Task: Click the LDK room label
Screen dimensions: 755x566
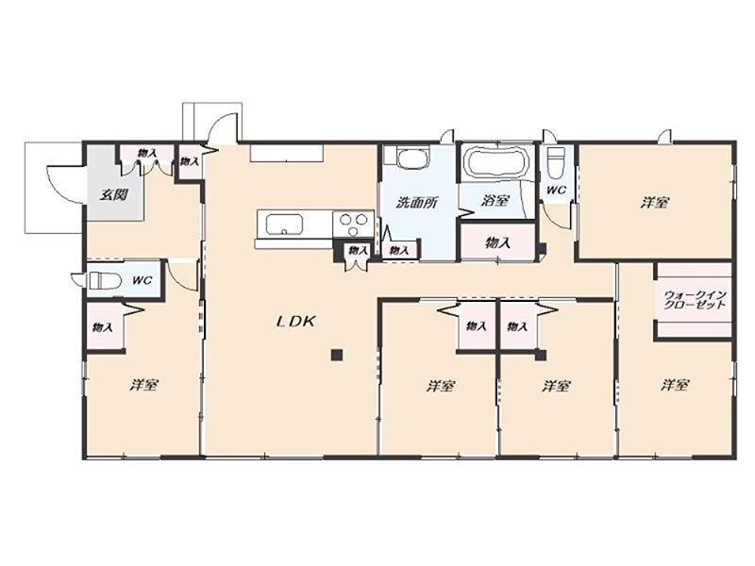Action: [x=295, y=322]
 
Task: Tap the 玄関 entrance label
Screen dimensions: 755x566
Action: [x=113, y=195]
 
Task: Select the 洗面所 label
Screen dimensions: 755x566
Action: [x=416, y=203]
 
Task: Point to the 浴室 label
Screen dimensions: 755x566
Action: [x=495, y=200]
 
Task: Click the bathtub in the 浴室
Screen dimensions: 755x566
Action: [x=496, y=162]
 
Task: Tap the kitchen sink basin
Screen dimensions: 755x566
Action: [x=284, y=225]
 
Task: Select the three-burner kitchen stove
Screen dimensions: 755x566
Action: [x=353, y=225]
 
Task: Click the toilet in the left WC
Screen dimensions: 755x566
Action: [x=101, y=280]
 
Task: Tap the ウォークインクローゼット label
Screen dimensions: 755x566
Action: [x=694, y=300]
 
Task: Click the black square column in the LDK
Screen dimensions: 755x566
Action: [x=337, y=356]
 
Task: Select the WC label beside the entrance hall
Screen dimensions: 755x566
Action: [x=142, y=280]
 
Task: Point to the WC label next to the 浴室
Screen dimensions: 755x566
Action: [x=556, y=191]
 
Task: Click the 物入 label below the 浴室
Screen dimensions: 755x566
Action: [x=497, y=243]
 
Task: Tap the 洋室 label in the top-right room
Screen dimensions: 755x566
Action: [x=654, y=203]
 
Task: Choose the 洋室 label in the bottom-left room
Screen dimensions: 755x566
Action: [x=144, y=385]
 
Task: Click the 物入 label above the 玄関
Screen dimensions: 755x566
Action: [x=147, y=154]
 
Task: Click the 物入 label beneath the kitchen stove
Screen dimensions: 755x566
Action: [x=358, y=250]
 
